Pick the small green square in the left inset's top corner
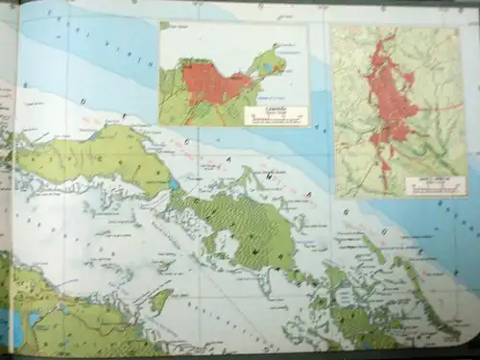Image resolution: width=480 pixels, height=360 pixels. [164, 26]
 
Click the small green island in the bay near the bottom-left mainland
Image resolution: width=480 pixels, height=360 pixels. [161, 300]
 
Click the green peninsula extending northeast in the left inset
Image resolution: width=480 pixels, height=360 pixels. [269, 62]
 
